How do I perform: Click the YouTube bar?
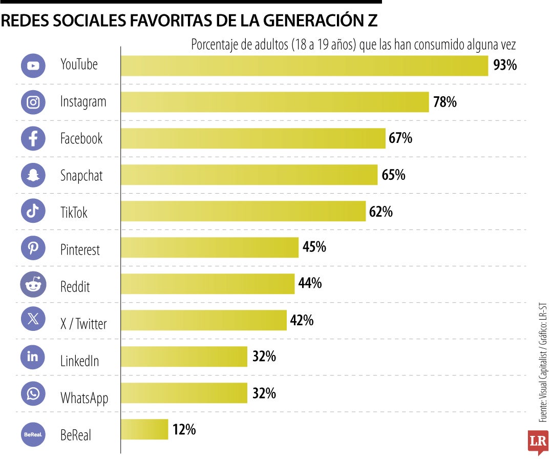coord(304,66)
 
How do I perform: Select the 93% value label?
coord(505,66)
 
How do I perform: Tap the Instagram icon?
coord(33,101)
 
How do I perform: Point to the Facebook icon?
coord(33,138)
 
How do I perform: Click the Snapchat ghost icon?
coord(33,175)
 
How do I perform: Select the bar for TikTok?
coord(243,211)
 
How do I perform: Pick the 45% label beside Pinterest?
coord(314,247)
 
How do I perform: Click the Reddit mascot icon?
coord(33,285)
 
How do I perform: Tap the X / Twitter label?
coord(83,324)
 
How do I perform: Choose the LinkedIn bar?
coord(184,357)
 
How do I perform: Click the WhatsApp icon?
coord(33,393)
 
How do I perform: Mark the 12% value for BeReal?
coord(184,429)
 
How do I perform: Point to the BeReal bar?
coord(144,429)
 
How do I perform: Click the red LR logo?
coord(538,441)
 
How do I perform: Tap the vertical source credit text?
coord(543,364)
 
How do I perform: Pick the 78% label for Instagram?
coord(444,102)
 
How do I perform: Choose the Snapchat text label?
coord(81,176)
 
